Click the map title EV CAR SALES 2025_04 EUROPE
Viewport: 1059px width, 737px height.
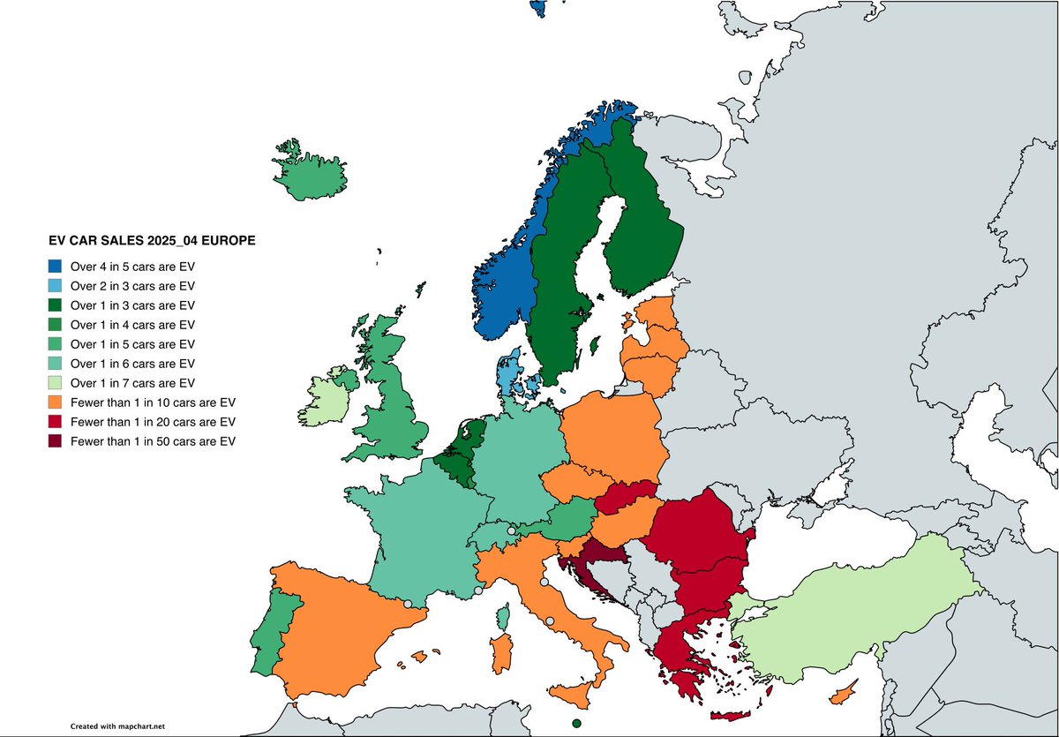pyautogui.click(x=151, y=240)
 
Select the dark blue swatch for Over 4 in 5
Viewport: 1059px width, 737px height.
pyautogui.click(x=56, y=266)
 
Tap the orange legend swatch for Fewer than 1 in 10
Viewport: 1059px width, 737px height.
pyautogui.click(x=56, y=402)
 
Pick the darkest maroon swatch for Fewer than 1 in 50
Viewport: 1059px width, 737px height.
pyautogui.click(x=56, y=441)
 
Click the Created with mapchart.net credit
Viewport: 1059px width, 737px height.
pyautogui.click(x=117, y=726)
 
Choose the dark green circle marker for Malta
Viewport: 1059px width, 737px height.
pyautogui.click(x=576, y=724)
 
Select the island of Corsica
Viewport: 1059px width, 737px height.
pyautogui.click(x=504, y=616)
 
